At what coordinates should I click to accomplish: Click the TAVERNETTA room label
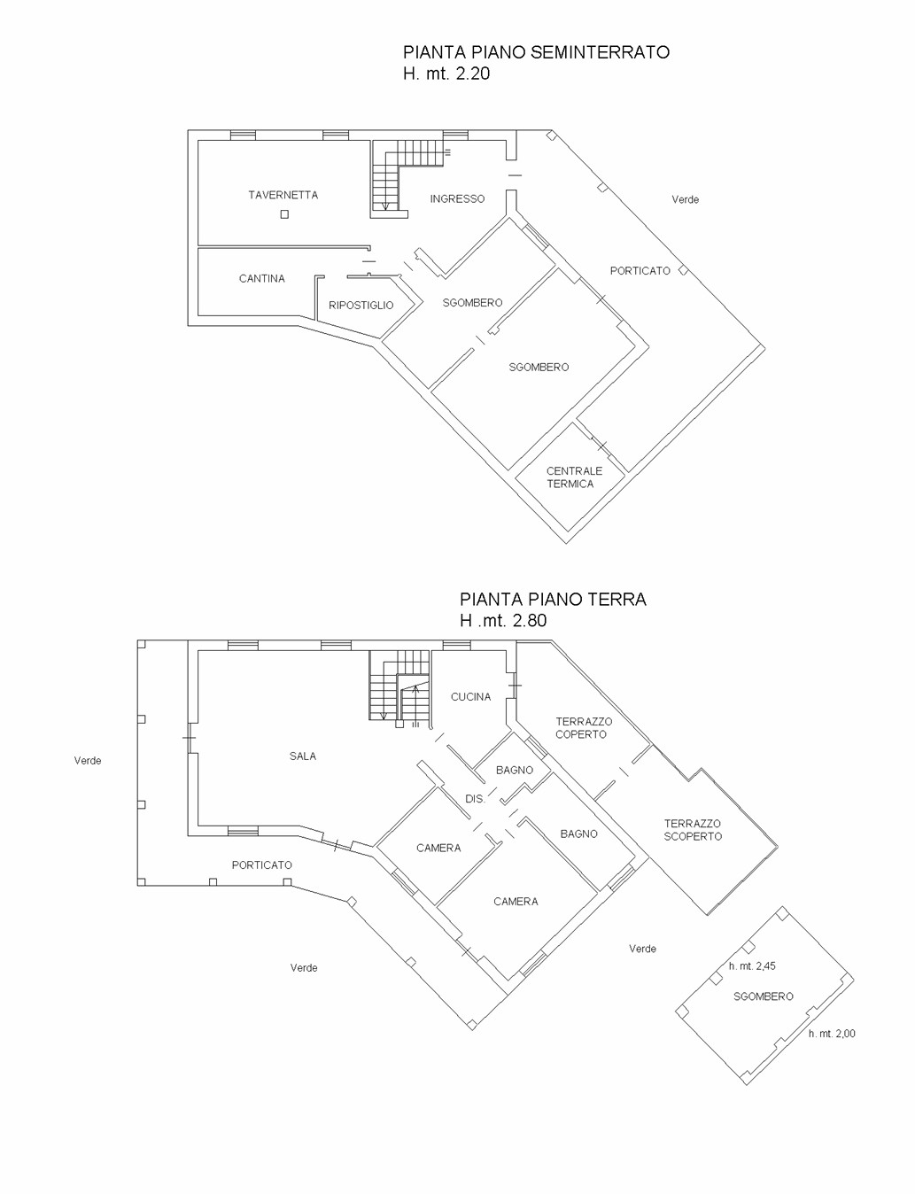(283, 195)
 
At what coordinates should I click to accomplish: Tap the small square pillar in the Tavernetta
(284, 214)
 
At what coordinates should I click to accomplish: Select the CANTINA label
(262, 279)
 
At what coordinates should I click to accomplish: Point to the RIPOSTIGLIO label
(361, 305)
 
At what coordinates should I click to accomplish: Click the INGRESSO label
(457, 199)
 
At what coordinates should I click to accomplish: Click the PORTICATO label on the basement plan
(640, 270)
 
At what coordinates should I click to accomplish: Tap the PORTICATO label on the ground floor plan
(261, 864)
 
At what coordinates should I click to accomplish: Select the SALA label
(303, 756)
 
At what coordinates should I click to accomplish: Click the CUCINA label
(470, 697)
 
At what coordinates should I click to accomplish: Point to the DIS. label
(475, 799)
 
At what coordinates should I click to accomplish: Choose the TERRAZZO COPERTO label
(583, 727)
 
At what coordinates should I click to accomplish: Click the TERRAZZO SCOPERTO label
(693, 830)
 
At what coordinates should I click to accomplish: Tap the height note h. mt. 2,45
(752, 966)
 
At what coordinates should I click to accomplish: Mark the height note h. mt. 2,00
(832, 1034)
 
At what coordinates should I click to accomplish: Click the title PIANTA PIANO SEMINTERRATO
(536, 52)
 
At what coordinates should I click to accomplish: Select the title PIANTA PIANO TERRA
(553, 599)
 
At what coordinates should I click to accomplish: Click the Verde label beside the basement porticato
(685, 199)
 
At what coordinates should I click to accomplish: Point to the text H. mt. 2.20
(446, 74)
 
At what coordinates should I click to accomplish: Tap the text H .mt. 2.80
(503, 620)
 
